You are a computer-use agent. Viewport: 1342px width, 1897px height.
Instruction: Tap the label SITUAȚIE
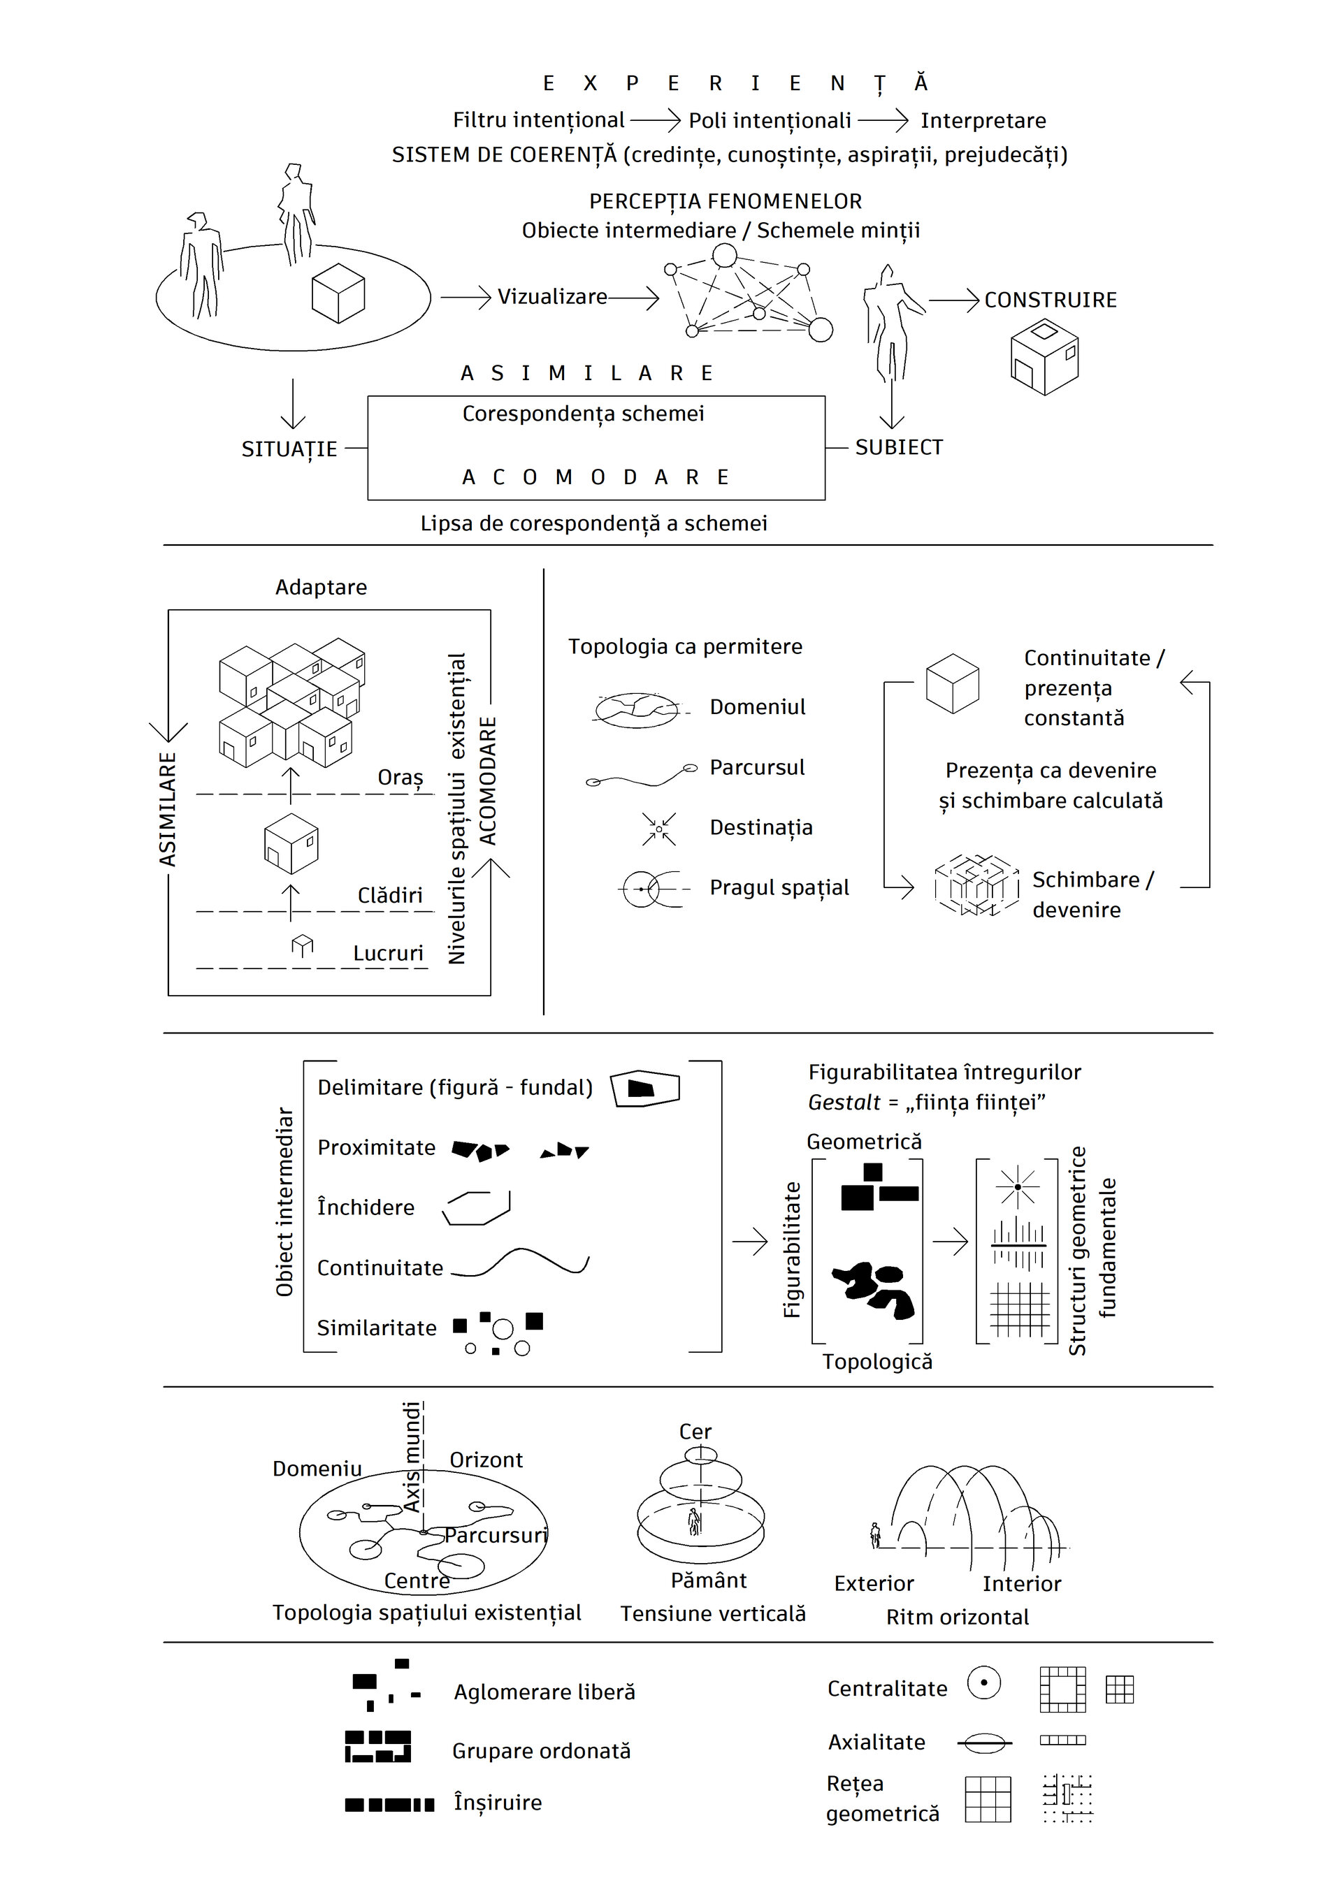pyautogui.click(x=289, y=449)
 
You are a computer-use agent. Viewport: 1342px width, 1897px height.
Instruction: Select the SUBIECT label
pyautogui.click(x=898, y=447)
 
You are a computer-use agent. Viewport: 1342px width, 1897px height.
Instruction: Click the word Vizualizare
pyautogui.click(x=552, y=297)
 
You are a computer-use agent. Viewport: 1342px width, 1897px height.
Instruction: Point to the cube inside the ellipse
pyautogui.click(x=338, y=293)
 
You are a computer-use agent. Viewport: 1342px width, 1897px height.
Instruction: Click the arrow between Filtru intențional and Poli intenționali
pyautogui.click(x=656, y=121)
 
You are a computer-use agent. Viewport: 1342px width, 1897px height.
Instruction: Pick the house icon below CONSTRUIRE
pyautogui.click(x=1044, y=358)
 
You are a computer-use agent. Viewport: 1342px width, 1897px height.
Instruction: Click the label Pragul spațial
pyautogui.click(x=779, y=887)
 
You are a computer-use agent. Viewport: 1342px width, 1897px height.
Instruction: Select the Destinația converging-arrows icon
pyautogui.click(x=658, y=828)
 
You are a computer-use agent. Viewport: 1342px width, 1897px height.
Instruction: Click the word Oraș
pyautogui.click(x=400, y=778)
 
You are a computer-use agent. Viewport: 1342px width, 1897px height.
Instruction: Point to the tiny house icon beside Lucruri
pyautogui.click(x=303, y=945)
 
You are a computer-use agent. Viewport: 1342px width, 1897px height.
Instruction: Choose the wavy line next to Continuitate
pyautogui.click(x=521, y=1263)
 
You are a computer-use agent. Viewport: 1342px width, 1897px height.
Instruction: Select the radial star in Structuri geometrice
pyautogui.click(x=1017, y=1186)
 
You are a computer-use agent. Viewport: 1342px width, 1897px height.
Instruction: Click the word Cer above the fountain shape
pyautogui.click(x=695, y=1432)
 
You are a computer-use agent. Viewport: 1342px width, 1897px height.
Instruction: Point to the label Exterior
pyautogui.click(x=874, y=1583)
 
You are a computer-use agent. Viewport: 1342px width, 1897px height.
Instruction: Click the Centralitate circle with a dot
pyautogui.click(x=983, y=1682)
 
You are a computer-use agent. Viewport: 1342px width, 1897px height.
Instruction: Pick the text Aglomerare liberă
pyautogui.click(x=544, y=1692)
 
